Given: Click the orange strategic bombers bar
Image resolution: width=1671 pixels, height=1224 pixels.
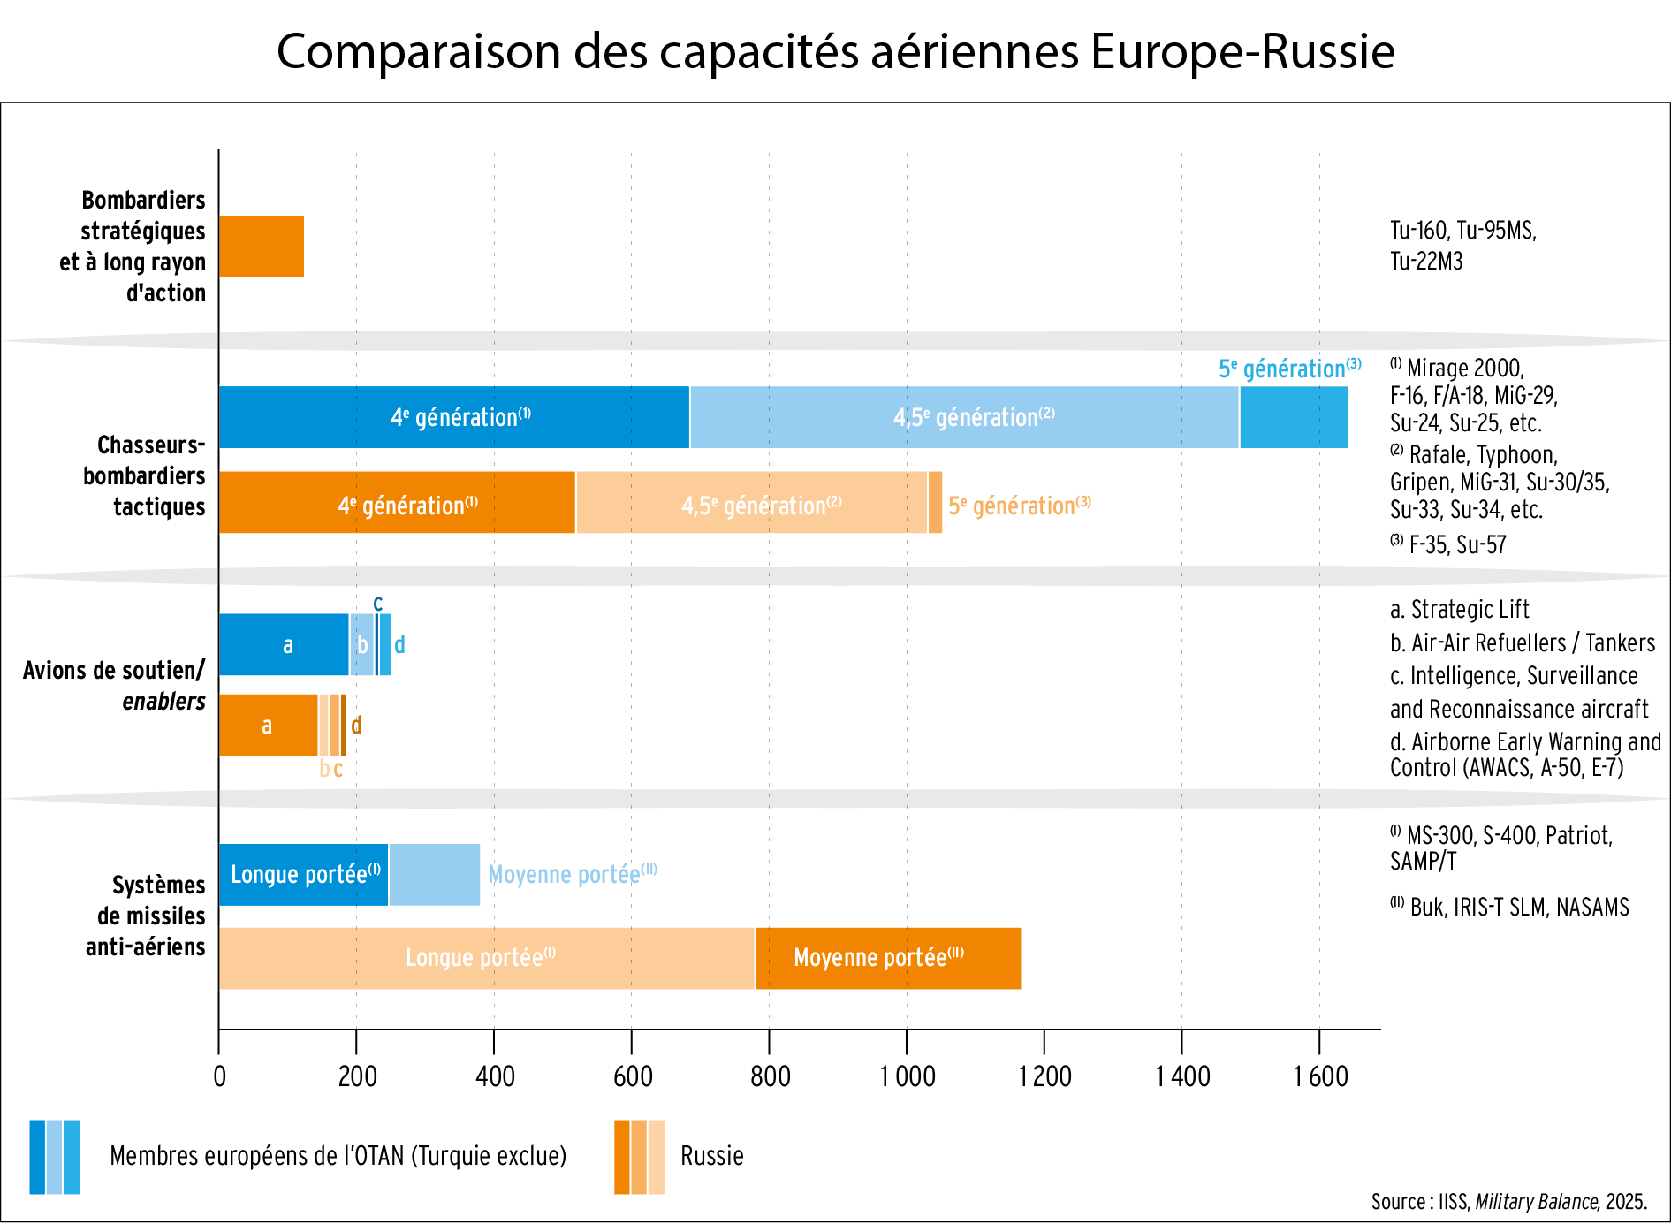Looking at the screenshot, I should [262, 247].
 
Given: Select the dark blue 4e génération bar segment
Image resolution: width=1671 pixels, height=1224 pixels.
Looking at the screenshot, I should [454, 417].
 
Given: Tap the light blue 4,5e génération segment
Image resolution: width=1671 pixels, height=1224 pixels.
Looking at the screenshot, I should [964, 417].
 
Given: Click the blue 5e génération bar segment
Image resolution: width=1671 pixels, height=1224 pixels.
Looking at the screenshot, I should [1294, 417].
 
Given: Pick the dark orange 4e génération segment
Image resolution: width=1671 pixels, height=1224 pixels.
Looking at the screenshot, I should [397, 503].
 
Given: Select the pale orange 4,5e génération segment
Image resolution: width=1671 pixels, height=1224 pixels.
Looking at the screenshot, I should [751, 503].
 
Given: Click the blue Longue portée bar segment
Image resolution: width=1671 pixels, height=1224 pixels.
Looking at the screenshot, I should [303, 875].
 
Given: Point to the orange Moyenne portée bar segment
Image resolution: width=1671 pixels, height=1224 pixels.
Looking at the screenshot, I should [888, 959].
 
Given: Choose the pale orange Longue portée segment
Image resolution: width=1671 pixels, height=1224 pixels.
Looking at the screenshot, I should [487, 959].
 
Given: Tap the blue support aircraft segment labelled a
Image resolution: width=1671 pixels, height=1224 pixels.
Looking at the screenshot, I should [284, 645].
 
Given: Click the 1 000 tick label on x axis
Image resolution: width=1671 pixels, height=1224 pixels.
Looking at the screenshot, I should [907, 1076].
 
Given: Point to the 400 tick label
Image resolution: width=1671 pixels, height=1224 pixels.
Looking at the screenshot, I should [495, 1076].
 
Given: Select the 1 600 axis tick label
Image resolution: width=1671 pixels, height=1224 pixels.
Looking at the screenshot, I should [1320, 1076].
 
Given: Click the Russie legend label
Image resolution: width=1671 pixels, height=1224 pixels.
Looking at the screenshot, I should [711, 1156].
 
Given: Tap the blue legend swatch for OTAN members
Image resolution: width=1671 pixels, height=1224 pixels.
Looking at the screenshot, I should [55, 1157].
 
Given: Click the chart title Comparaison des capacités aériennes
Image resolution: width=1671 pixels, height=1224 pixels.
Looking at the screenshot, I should [835, 51].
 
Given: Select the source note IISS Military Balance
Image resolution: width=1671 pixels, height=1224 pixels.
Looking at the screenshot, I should [1508, 1202].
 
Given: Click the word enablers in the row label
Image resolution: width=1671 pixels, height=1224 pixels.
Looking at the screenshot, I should [163, 702].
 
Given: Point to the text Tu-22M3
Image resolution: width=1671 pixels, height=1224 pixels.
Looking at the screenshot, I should [1426, 262].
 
